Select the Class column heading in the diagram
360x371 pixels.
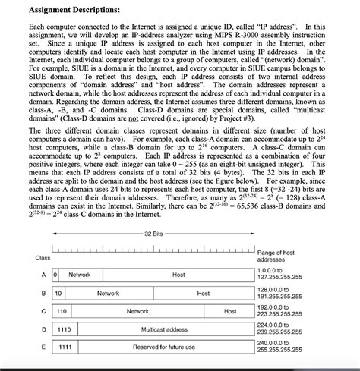pyautogui.click(x=43, y=257)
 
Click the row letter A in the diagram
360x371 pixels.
pyautogui.click(x=43, y=275)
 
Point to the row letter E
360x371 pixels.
pyautogui.click(x=43, y=347)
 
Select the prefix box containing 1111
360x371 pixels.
pyautogui.click(x=65, y=347)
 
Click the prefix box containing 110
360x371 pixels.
pyautogui.click(x=62, y=311)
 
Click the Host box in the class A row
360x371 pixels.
pyautogui.click(x=178, y=275)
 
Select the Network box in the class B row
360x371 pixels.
pyautogui.click(x=108, y=293)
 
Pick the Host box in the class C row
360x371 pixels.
pyautogui.click(x=230, y=311)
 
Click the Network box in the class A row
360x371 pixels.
pyautogui.click(x=80, y=275)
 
